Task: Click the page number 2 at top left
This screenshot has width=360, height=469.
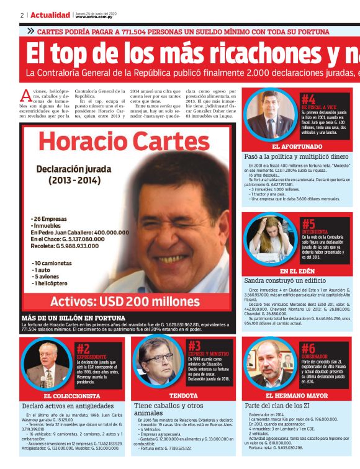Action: point(22,14)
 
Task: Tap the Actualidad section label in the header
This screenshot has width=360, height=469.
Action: point(50,14)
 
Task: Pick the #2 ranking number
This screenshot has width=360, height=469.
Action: point(83,349)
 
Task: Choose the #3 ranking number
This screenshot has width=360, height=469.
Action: point(194,346)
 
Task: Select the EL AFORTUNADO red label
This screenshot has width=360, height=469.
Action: point(292,147)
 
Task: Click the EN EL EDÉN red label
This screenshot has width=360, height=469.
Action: point(292,271)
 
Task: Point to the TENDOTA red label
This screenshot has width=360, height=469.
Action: point(183,396)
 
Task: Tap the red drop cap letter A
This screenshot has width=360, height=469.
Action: point(25,96)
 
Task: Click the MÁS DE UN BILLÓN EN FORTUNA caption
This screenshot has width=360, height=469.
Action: point(69,317)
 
